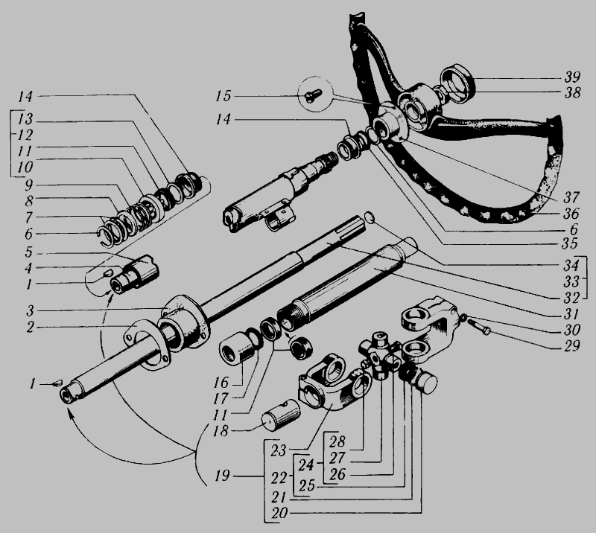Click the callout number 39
pyautogui.click(x=572, y=77)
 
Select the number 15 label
pyautogui.click(x=223, y=96)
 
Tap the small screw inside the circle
pyautogui.click(x=313, y=95)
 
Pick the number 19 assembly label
pyautogui.click(x=222, y=475)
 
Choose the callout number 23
pyautogui.click(x=278, y=450)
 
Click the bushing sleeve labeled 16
pyautogui.click(x=237, y=348)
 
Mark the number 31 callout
pyautogui.click(x=571, y=314)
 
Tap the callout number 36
pyautogui.click(x=571, y=214)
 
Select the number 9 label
pyautogui.click(x=29, y=185)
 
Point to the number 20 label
pyautogui.click(x=279, y=513)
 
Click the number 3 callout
pyautogui.click(x=30, y=310)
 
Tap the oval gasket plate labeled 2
pyautogui.click(x=146, y=344)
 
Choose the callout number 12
pyautogui.click(x=25, y=135)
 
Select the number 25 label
pyautogui.click(x=307, y=486)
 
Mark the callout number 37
pyautogui.click(x=571, y=197)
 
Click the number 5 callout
pyautogui.click(x=29, y=252)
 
